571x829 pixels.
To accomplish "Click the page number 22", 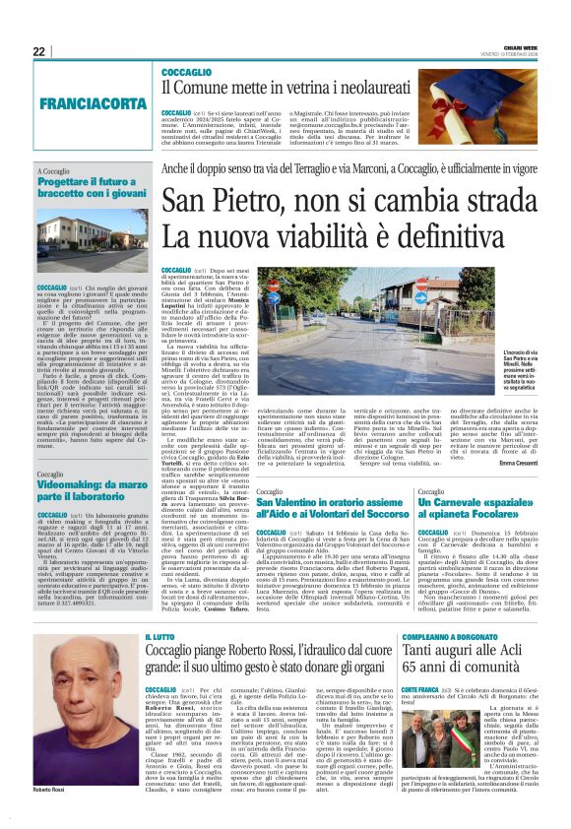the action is pos(39,51).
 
